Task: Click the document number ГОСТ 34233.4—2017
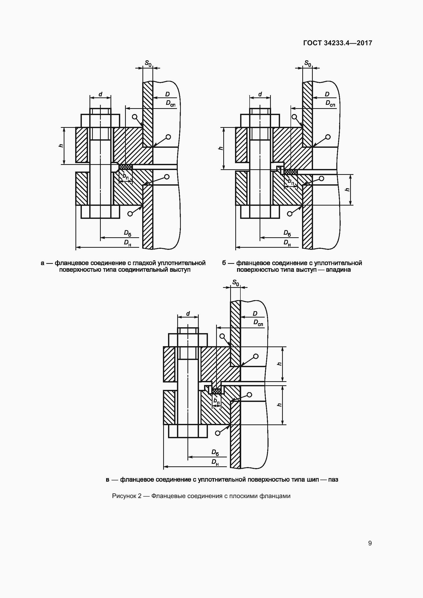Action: tap(338, 43)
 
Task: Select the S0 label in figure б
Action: tap(308, 63)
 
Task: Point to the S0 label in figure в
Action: tap(236, 283)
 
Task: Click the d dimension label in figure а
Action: tap(100, 94)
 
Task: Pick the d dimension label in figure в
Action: tap(188, 313)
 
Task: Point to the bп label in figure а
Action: tap(126, 176)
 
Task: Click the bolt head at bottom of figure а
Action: tap(100, 212)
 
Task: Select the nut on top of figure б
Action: tap(260, 121)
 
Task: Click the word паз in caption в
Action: tap(333, 479)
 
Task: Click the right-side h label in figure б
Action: tap(347, 190)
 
